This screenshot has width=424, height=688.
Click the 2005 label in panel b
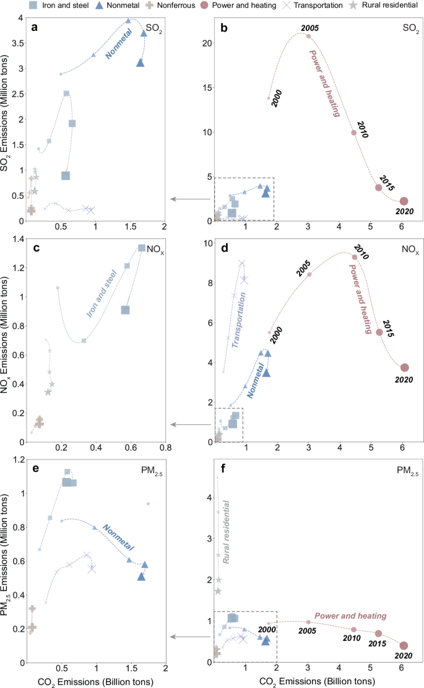point(309,28)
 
